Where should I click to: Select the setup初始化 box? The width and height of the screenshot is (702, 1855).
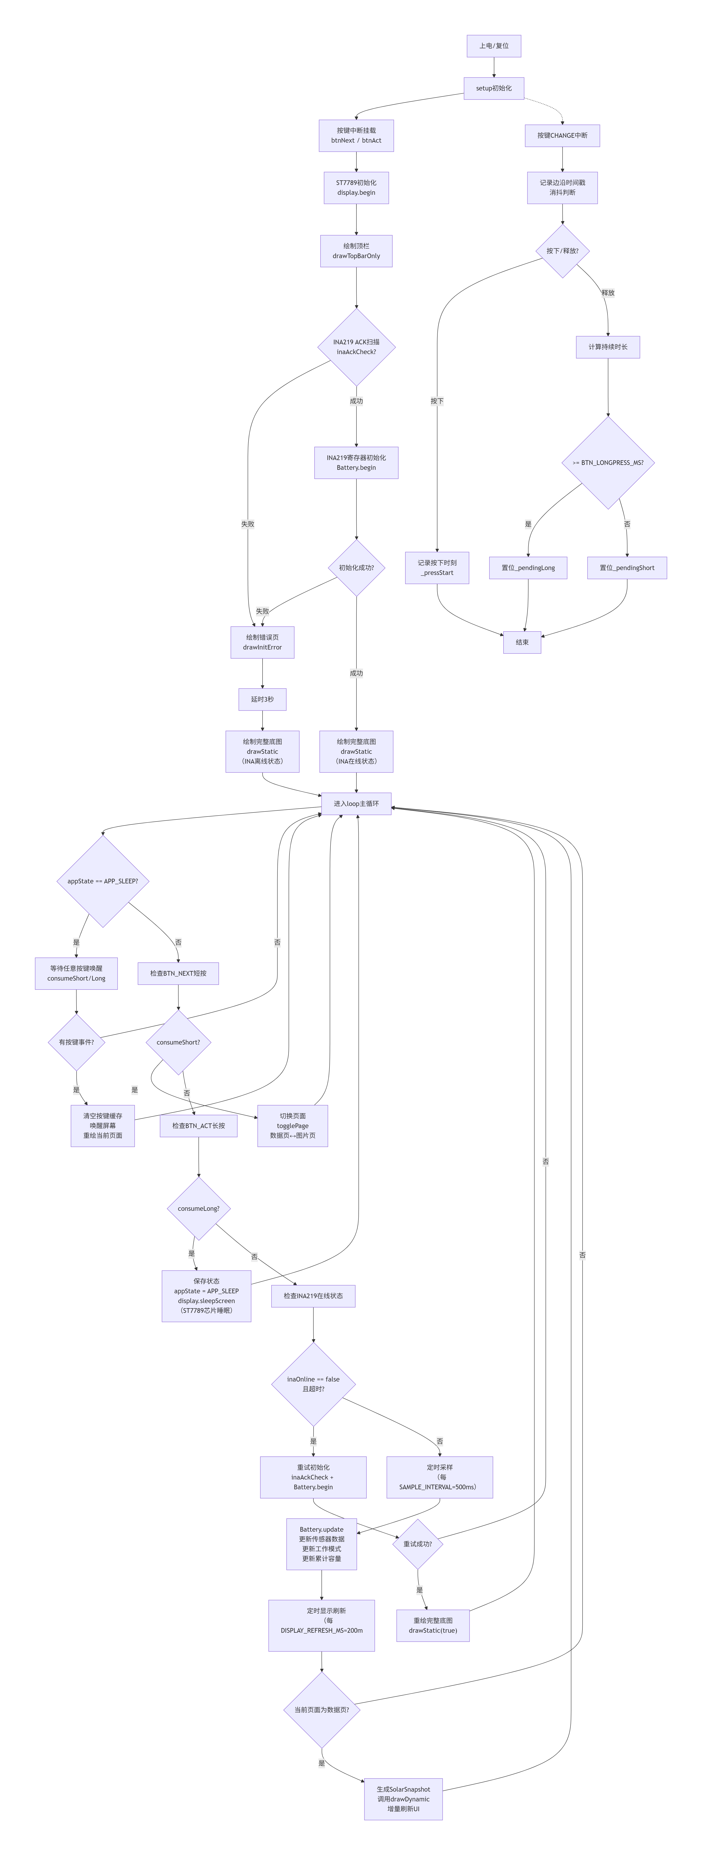(494, 88)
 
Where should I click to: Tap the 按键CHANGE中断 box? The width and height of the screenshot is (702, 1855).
(562, 135)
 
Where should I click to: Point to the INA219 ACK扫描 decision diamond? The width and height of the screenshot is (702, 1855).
(356, 347)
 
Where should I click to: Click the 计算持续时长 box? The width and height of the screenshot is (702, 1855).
(608, 347)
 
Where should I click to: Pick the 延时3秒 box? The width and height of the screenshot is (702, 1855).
(262, 699)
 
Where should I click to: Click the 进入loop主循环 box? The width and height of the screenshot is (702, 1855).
(356, 804)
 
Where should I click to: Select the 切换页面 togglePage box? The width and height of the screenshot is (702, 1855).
(293, 1126)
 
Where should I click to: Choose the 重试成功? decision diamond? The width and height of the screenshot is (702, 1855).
(417, 1544)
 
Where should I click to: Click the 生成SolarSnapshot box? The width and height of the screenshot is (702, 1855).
(403, 1799)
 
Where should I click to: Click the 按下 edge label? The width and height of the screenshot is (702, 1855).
(437, 401)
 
